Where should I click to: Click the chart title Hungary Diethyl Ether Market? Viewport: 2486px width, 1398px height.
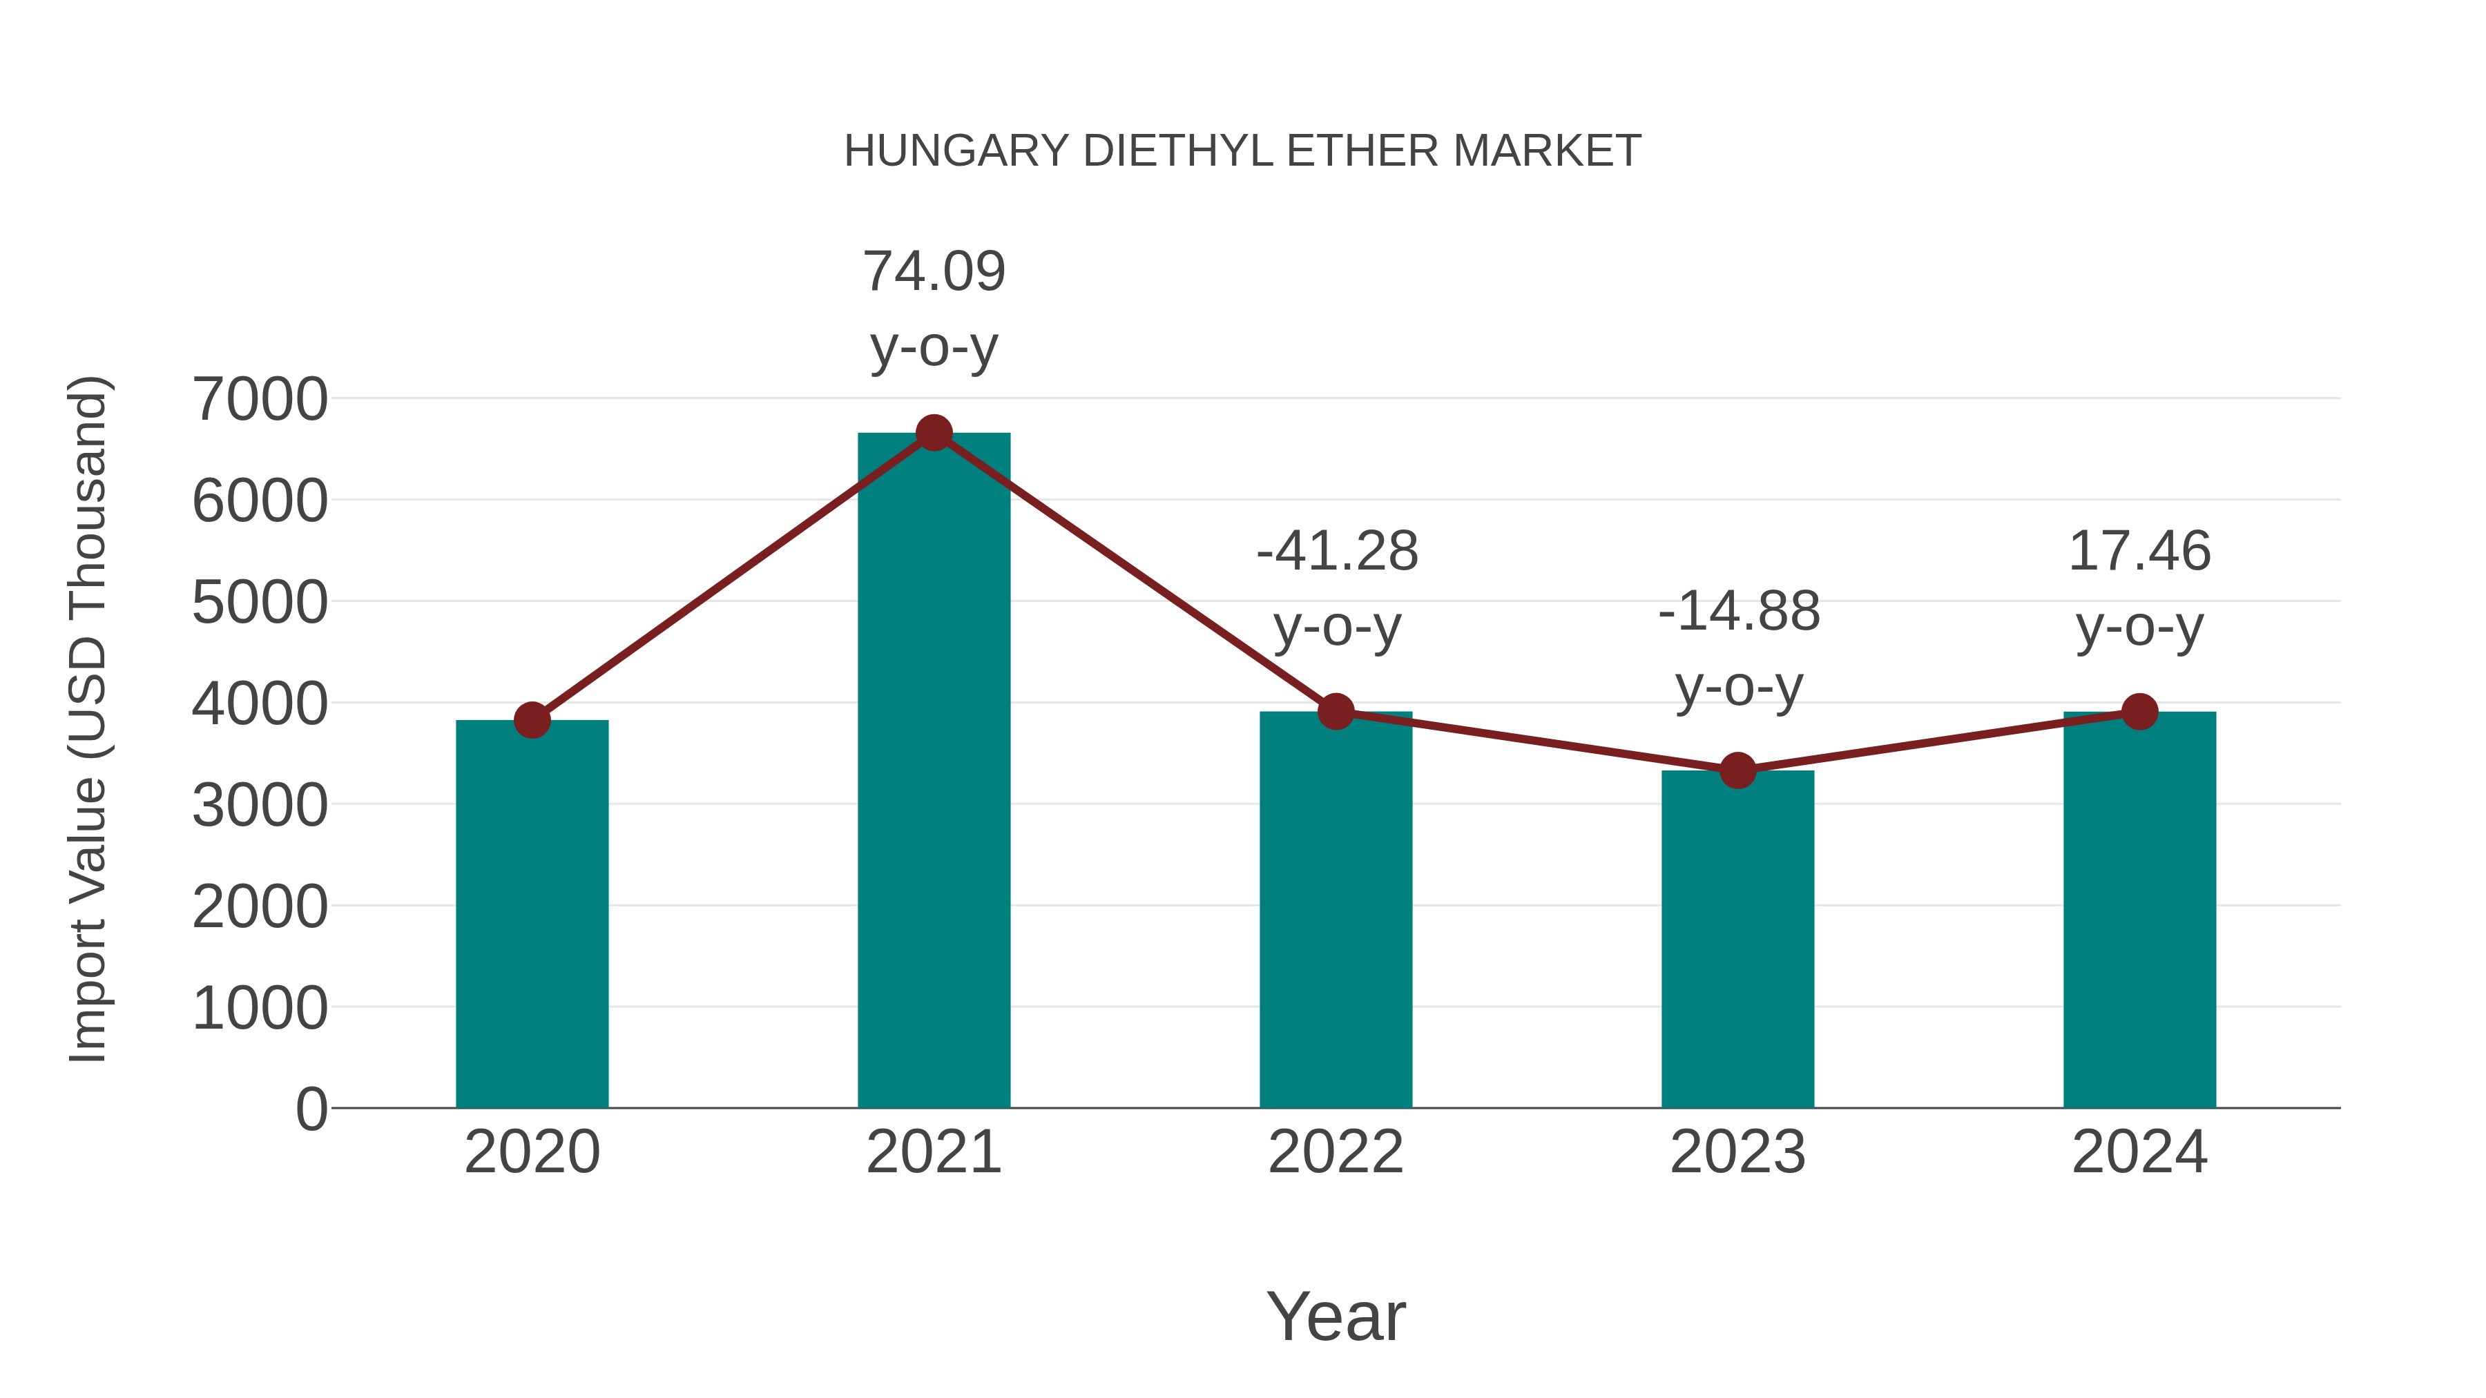coord(1242,151)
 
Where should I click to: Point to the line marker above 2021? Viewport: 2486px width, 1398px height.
coord(933,433)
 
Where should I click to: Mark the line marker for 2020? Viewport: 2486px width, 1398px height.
coord(532,720)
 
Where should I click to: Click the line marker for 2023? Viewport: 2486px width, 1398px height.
coord(1737,770)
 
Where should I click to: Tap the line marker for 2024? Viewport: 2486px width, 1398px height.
coord(2139,712)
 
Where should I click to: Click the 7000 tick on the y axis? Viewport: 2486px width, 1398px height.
coord(260,400)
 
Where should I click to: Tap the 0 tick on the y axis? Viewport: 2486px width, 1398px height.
coord(311,1109)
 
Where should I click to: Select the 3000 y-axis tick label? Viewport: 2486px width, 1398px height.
coord(260,806)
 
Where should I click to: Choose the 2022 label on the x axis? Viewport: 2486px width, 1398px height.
coord(1336,1152)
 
